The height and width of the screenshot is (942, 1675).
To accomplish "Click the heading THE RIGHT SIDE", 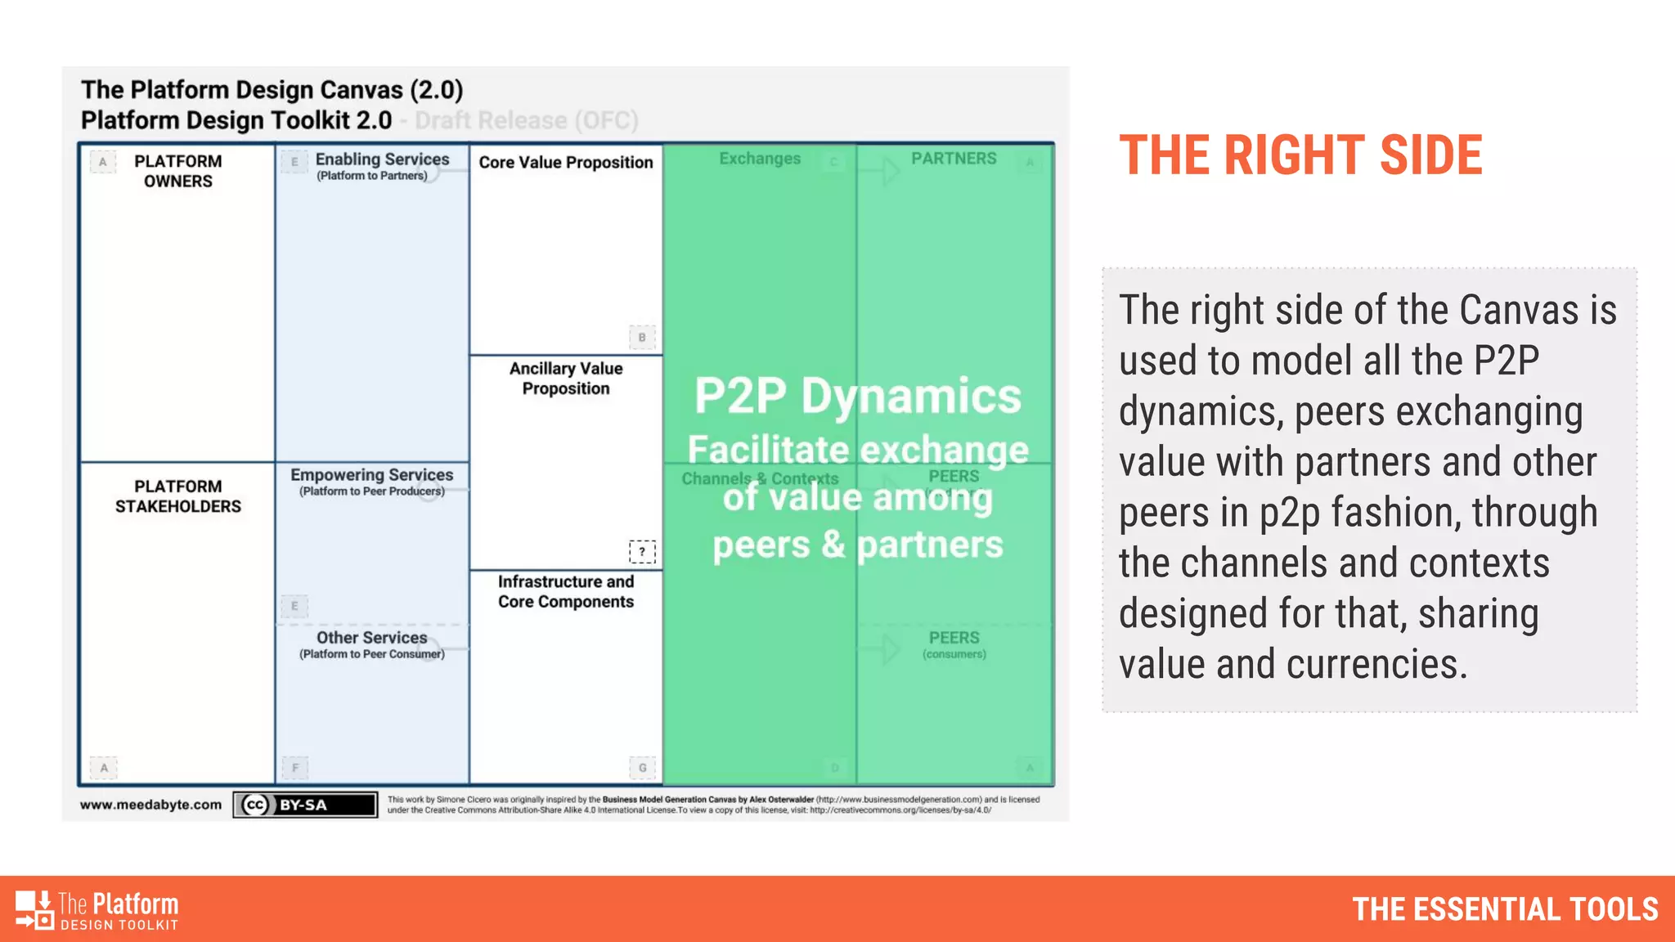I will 1300,155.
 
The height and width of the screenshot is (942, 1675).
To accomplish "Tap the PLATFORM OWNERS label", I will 177,171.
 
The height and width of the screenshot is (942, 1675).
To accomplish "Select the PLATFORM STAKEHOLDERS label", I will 177,496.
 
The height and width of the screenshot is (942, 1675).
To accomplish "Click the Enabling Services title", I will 382,159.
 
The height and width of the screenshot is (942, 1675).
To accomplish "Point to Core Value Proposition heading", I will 565,163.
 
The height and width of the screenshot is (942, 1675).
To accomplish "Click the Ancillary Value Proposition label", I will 565,379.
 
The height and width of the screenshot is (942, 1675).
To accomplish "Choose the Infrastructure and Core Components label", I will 565,591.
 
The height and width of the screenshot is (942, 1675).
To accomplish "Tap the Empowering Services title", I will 371,475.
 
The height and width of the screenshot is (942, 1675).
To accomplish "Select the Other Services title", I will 371,638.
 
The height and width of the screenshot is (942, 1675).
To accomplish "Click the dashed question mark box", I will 642,552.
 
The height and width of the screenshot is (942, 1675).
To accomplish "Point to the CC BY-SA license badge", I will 305,805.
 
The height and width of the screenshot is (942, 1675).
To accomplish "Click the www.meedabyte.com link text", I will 150,805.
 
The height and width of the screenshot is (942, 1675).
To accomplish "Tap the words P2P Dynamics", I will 857,397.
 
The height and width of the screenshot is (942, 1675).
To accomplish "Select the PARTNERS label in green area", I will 954,159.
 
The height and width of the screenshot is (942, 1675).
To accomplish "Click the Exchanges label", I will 760,159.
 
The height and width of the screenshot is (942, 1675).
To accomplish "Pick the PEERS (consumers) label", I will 954,644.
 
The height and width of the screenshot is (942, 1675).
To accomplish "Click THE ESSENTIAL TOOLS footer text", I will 1505,909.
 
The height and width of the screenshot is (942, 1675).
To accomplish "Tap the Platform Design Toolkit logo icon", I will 34,909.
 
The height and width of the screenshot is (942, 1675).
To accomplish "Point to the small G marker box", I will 642,768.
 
